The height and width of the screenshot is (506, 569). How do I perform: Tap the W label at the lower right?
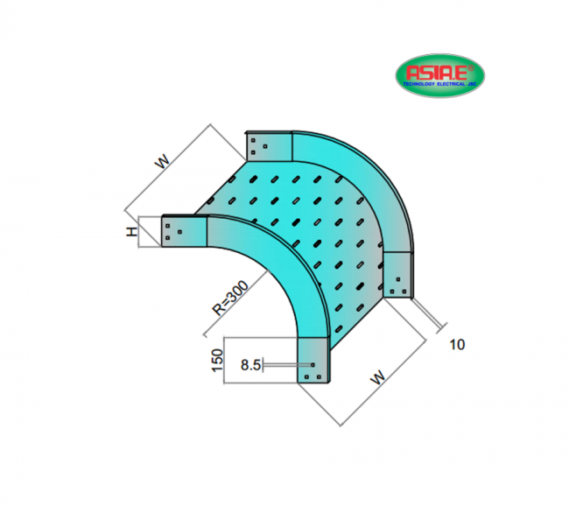[x=377, y=378]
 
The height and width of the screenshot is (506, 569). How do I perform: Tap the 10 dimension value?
[x=456, y=344]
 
